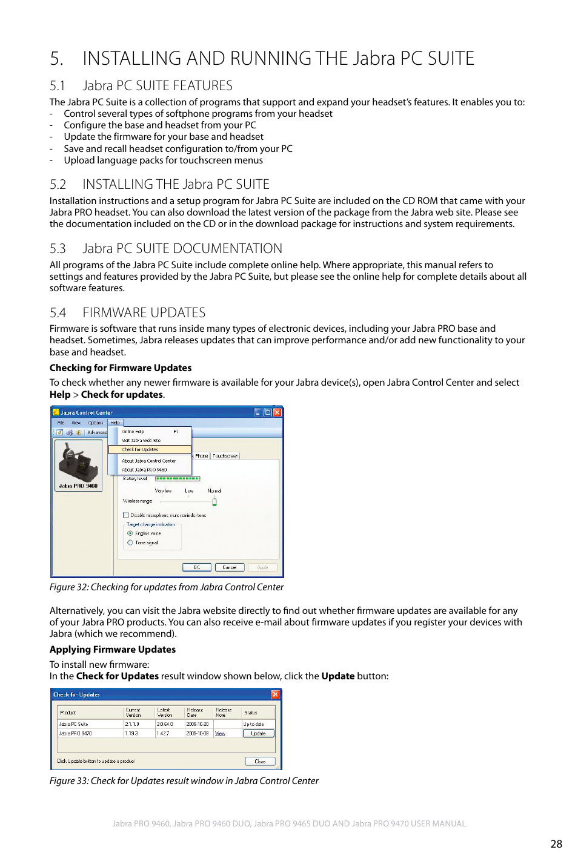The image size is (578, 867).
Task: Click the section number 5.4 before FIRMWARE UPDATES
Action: pos(58,313)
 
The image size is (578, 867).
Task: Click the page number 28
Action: pos(556,843)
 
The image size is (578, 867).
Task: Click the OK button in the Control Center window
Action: pos(197,567)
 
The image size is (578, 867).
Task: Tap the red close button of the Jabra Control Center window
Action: pos(277,412)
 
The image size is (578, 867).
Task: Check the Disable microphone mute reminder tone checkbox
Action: pos(126,515)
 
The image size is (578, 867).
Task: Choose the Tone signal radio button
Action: pos(130,542)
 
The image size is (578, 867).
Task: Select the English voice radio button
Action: pos(130,533)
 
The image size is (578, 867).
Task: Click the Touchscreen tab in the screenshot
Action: pos(225,456)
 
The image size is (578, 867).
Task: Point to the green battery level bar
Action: pos(178,478)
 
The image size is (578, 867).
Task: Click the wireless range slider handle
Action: pos(214,501)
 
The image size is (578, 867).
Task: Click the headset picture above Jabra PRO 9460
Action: pos(78,462)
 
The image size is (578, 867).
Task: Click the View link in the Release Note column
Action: pos(220,733)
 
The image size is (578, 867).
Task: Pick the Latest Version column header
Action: pos(165,713)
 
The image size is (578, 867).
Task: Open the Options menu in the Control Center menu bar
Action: pos(96,423)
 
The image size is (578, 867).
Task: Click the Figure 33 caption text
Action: pos(184,781)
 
